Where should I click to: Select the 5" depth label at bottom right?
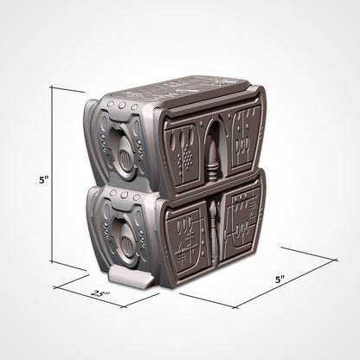pos(279,280)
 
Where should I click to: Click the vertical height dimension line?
pos(53,177)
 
